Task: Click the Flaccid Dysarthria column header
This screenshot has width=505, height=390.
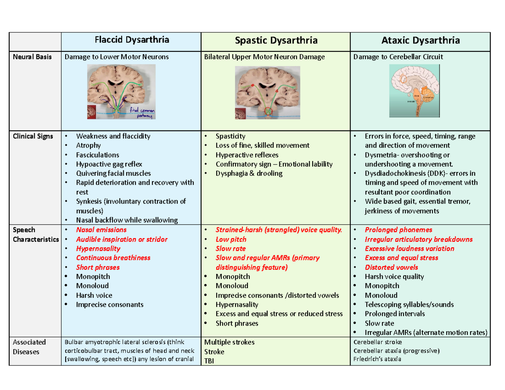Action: [x=132, y=40]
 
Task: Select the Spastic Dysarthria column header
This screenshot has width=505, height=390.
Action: [x=276, y=40]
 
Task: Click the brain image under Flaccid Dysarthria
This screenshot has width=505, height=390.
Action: [x=121, y=91]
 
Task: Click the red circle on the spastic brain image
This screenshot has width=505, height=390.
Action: [x=268, y=112]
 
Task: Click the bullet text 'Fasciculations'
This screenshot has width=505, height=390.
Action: [x=98, y=155]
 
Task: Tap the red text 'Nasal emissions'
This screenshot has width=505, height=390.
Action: [x=101, y=230]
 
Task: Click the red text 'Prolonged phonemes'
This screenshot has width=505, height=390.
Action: [x=398, y=230]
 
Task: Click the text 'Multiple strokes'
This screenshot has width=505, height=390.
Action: [x=229, y=342]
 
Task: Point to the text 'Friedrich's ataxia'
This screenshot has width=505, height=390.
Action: [x=377, y=359]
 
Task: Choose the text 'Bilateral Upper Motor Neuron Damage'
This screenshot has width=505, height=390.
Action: [x=264, y=57]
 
